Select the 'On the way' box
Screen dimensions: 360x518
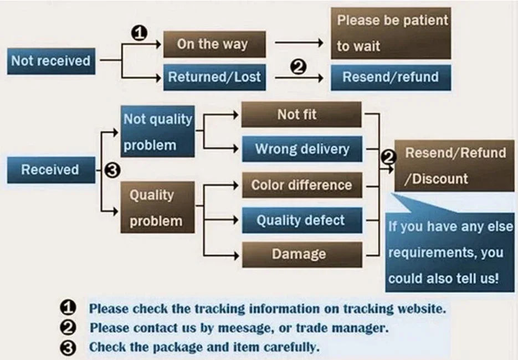click(214, 44)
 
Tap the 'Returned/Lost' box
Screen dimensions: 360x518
click(214, 77)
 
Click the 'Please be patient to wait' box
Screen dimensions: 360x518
click(391, 33)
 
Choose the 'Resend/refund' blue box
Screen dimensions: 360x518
click(391, 77)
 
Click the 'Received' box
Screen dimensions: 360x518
click(50, 169)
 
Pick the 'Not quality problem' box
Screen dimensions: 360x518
click(158, 132)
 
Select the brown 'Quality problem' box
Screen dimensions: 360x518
click(158, 207)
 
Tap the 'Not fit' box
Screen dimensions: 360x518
click(301, 115)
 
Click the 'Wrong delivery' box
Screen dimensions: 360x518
click(301, 149)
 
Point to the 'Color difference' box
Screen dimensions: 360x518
click(301, 184)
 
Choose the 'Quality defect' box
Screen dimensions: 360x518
click(301, 220)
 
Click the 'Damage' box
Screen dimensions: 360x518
click(301, 254)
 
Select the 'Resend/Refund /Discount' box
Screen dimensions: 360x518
click(454, 165)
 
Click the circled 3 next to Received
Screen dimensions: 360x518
click(112, 171)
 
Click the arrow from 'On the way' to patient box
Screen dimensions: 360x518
click(299, 43)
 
